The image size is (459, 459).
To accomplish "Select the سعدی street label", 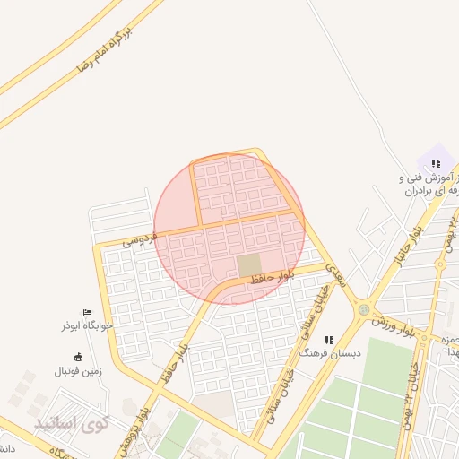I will click(x=333, y=268).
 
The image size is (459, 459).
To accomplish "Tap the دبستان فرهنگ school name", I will click(x=331, y=354).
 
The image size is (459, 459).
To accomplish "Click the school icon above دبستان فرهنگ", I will click(x=329, y=340).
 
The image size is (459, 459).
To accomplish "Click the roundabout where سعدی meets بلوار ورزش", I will click(x=363, y=309).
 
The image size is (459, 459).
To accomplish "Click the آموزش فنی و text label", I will click(x=428, y=179).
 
